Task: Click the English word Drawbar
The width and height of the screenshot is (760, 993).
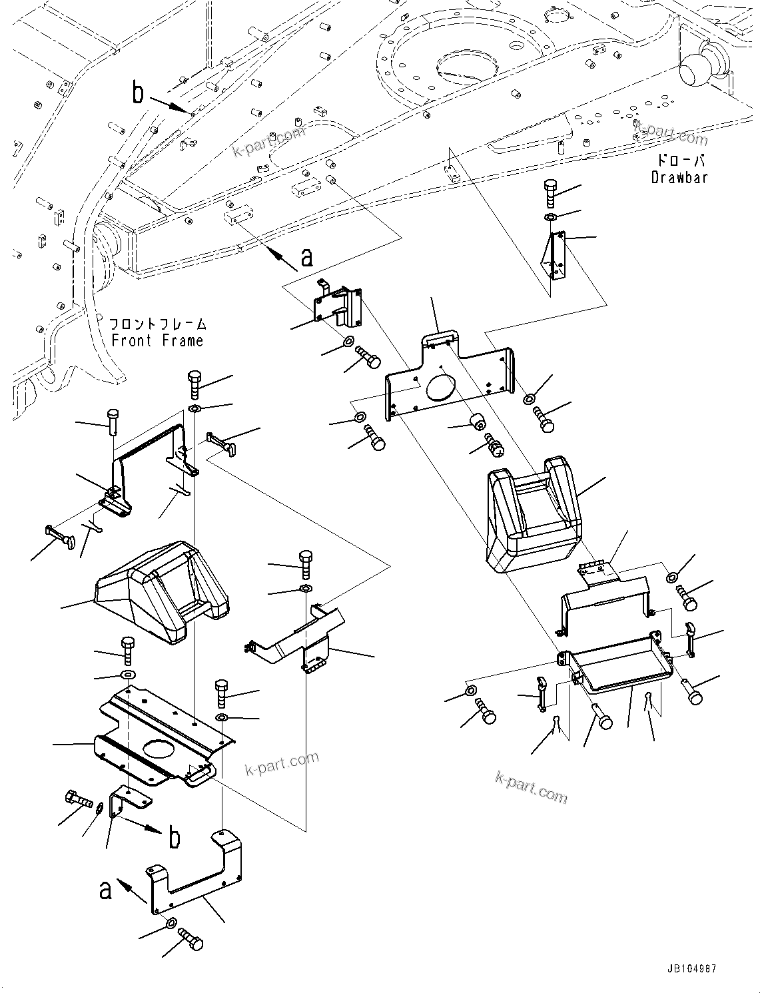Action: tap(679, 177)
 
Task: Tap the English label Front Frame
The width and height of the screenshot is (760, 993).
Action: tap(157, 340)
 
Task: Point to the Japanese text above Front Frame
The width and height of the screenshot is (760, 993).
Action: tap(158, 324)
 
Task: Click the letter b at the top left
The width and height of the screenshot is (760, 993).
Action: tap(137, 93)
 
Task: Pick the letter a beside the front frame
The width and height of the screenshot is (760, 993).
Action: tap(306, 256)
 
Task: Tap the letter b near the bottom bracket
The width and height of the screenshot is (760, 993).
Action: tap(174, 838)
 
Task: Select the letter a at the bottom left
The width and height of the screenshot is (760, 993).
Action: tap(105, 889)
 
